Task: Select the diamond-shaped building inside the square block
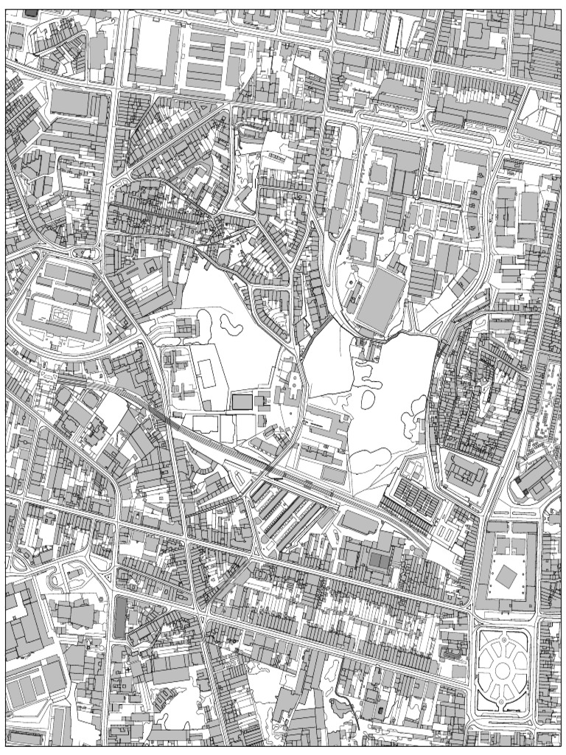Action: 506,577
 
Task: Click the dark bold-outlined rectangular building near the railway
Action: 241,401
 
